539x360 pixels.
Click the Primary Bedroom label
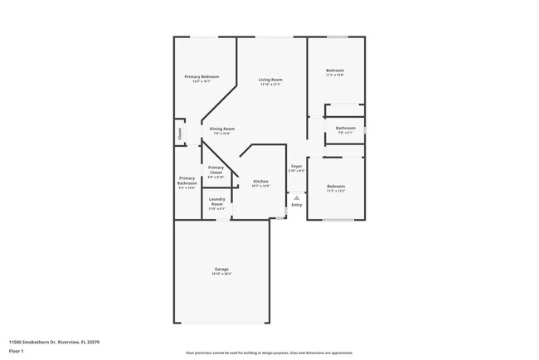202,76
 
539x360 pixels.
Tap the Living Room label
270,80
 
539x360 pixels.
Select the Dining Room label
221,129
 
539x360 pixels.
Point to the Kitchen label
260,181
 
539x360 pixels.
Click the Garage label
221,269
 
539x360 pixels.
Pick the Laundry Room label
216,201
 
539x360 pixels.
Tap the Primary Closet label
216,169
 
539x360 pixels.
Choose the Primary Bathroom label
187,180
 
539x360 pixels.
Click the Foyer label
296,166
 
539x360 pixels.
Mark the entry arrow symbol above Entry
296,197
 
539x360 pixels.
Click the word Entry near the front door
296,205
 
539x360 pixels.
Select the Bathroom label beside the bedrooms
345,128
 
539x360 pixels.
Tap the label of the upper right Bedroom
334,70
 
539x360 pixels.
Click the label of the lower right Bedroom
335,186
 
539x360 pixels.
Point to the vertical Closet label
179,131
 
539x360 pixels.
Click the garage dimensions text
221,274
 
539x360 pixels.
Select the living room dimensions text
270,85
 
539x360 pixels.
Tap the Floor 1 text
17,351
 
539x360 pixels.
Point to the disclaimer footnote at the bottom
269,353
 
